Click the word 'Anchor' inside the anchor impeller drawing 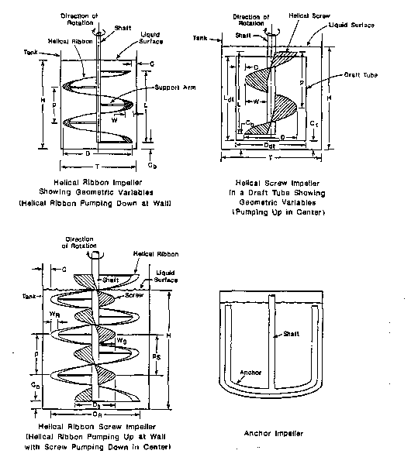(252, 373)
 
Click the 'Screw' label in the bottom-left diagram (127, 295)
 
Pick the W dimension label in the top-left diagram (114, 120)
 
